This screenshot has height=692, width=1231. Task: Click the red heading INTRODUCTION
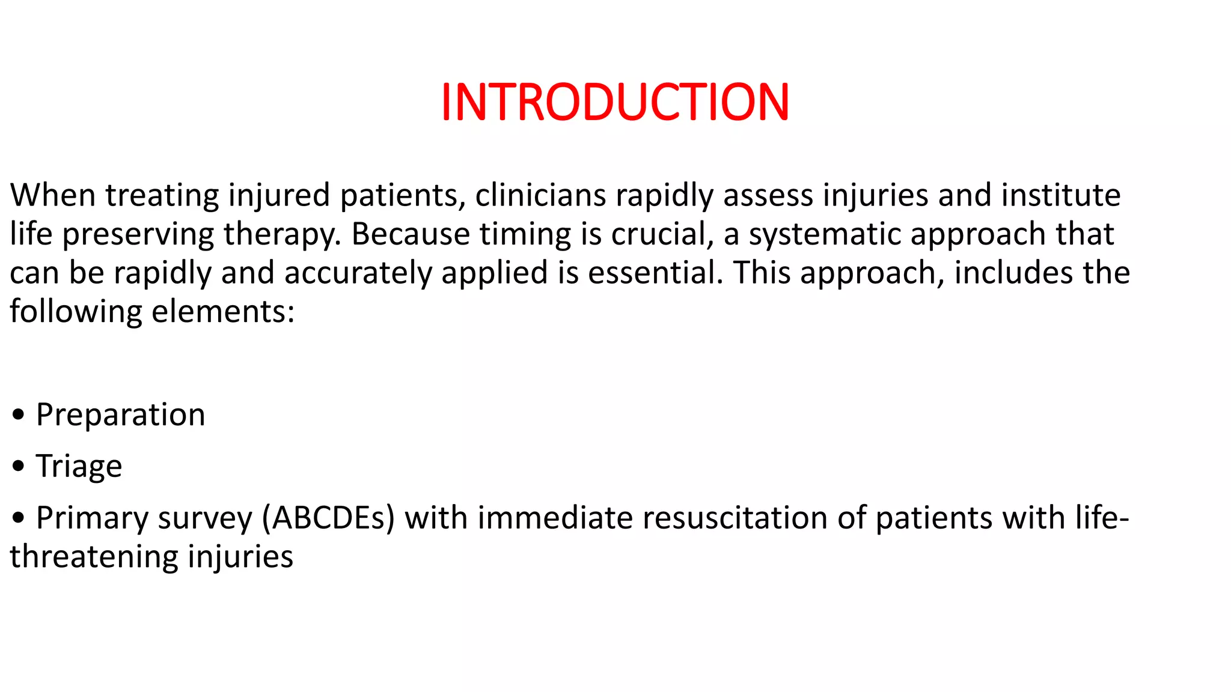[615, 102]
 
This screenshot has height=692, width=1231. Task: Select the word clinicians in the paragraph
[540, 196]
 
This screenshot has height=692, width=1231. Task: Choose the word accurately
[358, 273]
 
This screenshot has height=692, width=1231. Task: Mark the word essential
[655, 273]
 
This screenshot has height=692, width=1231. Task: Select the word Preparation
[120, 415]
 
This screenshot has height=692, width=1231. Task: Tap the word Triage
[79, 466]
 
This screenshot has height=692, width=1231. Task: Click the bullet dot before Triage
[18, 466]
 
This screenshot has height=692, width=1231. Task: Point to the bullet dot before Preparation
[18, 415]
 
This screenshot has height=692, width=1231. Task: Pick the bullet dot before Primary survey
[18, 518]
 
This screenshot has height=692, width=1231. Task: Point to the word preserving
[138, 234]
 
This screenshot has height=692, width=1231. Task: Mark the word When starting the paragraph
[53, 196]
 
